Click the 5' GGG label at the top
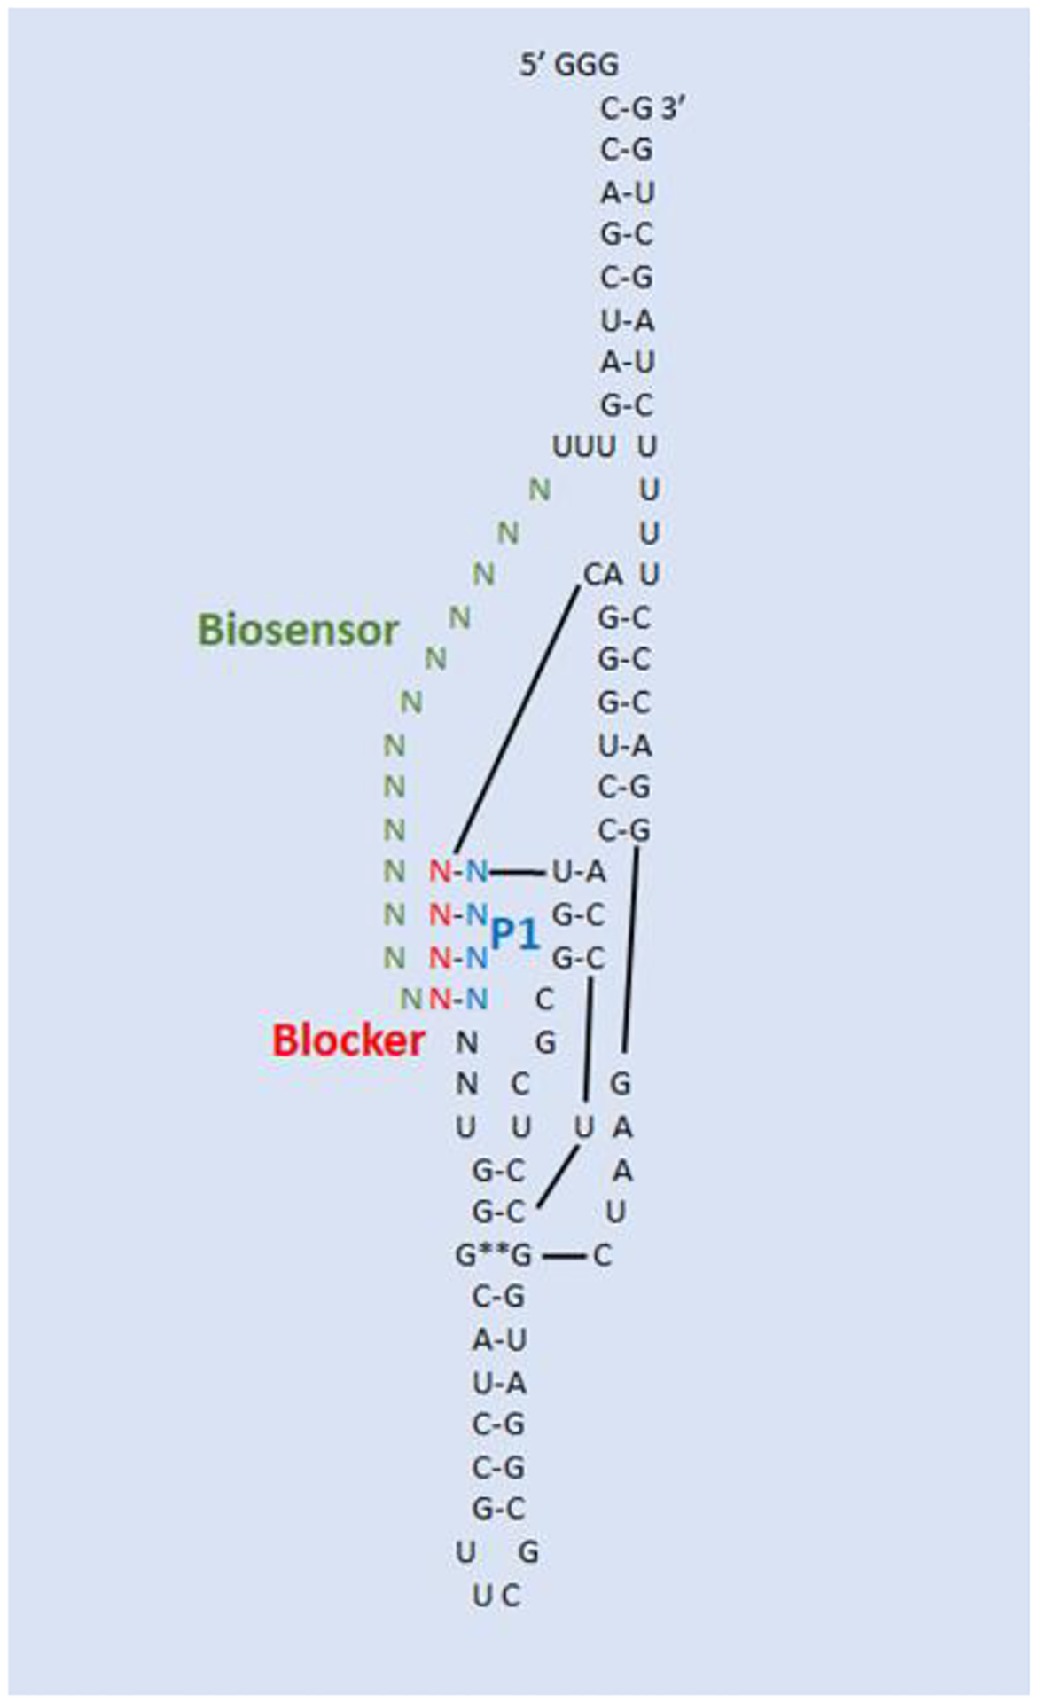click(568, 65)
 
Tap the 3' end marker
click(674, 108)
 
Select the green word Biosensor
click(298, 630)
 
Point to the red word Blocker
click(348, 1040)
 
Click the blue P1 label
click(515, 934)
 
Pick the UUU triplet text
click(583, 447)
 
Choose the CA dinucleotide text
click(603, 575)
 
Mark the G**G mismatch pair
click(494, 1256)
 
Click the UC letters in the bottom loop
click(496, 1621)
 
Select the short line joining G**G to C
click(564, 1256)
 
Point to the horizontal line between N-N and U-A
click(518, 873)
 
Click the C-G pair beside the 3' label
click(626, 108)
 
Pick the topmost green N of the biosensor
click(539, 489)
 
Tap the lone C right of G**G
click(602, 1256)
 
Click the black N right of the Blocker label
click(466, 1042)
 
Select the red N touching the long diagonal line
click(440, 872)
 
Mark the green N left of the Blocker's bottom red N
click(410, 1000)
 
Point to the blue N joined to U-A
click(477, 872)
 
